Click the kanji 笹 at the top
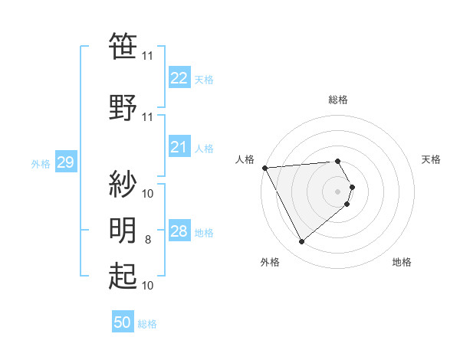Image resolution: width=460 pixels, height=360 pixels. [x=123, y=47]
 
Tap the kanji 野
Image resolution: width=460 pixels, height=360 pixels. [x=123, y=108]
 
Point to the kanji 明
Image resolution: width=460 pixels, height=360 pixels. [x=123, y=230]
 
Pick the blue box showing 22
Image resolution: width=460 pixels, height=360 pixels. [x=179, y=77]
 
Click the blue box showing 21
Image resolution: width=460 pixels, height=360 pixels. [x=179, y=147]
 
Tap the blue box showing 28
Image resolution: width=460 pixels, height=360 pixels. [x=179, y=231]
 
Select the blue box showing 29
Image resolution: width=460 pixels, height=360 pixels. [x=65, y=162]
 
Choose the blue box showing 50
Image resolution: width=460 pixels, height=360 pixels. [x=123, y=322]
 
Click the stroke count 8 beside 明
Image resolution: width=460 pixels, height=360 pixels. [x=149, y=241]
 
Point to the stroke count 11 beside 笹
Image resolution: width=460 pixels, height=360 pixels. [x=148, y=56]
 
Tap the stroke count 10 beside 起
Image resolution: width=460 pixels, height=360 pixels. [x=148, y=286]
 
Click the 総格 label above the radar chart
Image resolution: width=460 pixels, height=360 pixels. [x=338, y=100]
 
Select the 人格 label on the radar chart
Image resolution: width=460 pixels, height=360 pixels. [x=245, y=159]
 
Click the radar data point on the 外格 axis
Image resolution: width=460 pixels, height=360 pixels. [x=301, y=242]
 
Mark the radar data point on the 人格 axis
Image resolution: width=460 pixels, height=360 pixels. [x=264, y=168]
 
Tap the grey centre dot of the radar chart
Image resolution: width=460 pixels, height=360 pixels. [x=338, y=191]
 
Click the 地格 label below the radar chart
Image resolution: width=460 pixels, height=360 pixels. [x=402, y=262]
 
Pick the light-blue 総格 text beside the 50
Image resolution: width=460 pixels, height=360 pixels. [x=147, y=324]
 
